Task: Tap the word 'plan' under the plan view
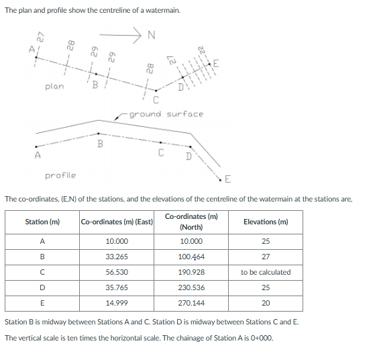click(54, 86)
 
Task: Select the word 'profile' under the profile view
click(60, 175)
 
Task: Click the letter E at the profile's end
click(227, 179)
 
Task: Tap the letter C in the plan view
click(155, 101)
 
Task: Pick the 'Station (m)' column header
click(42, 222)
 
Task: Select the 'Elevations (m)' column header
click(266, 222)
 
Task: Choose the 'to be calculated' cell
click(266, 272)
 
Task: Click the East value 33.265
click(117, 257)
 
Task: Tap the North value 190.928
click(193, 272)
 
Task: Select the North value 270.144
click(193, 303)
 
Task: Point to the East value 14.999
click(117, 303)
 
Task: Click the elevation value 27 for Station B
click(266, 257)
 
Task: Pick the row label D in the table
click(42, 287)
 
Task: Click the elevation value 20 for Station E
click(266, 303)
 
